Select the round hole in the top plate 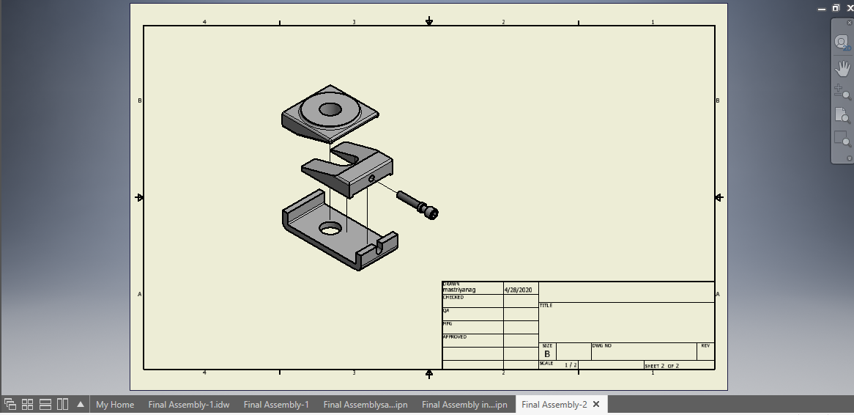click(x=330, y=109)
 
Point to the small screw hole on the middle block click(x=371, y=178)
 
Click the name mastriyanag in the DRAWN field click(x=458, y=290)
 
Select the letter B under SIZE click(x=546, y=353)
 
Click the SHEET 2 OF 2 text click(x=661, y=365)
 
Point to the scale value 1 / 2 click(x=571, y=364)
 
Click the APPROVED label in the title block click(x=454, y=337)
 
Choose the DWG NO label click(x=601, y=345)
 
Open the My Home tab click(x=115, y=405)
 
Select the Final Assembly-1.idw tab click(x=189, y=405)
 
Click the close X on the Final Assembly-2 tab click(x=596, y=404)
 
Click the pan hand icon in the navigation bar click(x=842, y=67)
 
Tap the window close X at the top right click(x=850, y=7)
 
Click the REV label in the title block click(x=705, y=345)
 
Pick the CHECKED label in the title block click(x=453, y=298)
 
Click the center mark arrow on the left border click(x=139, y=197)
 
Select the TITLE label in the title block click(x=546, y=306)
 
